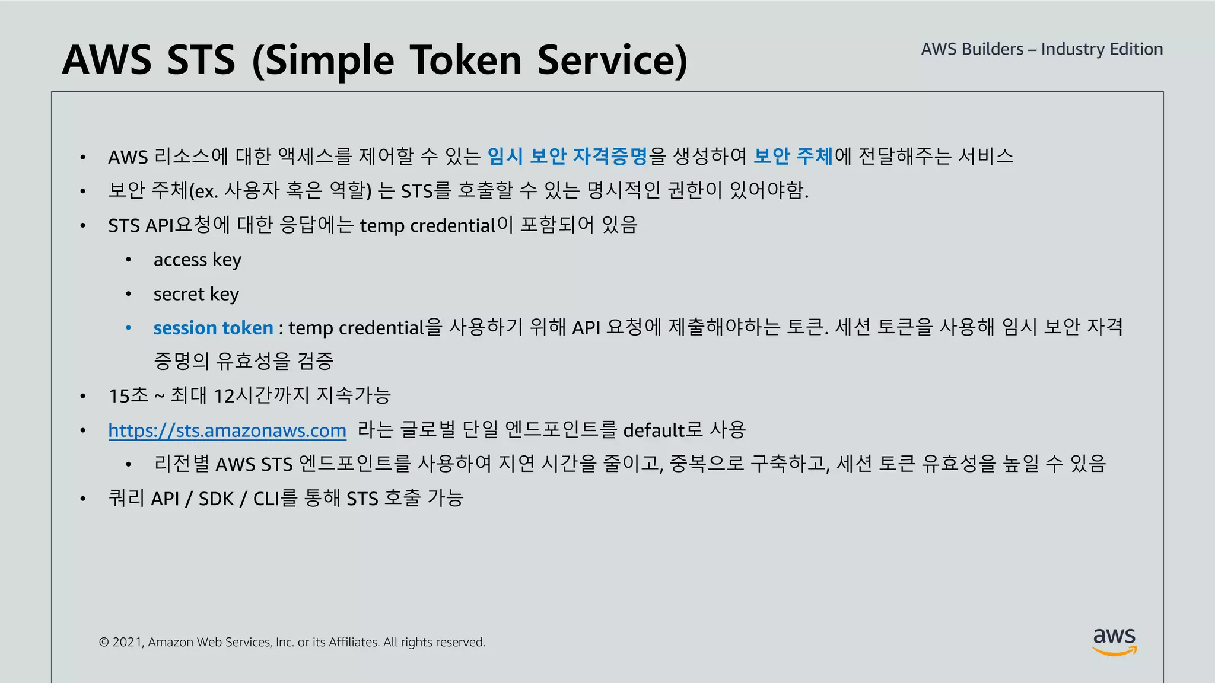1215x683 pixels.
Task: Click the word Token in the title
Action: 465,60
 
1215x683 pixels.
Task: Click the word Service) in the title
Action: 612,60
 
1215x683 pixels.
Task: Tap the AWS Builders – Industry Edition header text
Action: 1042,49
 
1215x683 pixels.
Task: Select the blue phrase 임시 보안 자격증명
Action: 567,156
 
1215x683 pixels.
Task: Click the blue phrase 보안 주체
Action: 793,156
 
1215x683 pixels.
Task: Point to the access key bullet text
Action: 197,260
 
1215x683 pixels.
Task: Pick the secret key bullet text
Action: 196,294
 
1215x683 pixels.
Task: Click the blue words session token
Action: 213,328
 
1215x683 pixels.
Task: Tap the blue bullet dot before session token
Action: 128,328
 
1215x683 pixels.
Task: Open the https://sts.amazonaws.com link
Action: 227,430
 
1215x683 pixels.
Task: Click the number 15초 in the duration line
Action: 128,395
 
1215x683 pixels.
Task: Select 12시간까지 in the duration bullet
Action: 261,395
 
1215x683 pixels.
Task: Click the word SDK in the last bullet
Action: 216,499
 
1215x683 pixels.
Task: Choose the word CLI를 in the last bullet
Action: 275,499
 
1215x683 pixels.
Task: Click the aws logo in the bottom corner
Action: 1114,642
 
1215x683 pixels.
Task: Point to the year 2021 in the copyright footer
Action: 127,642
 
